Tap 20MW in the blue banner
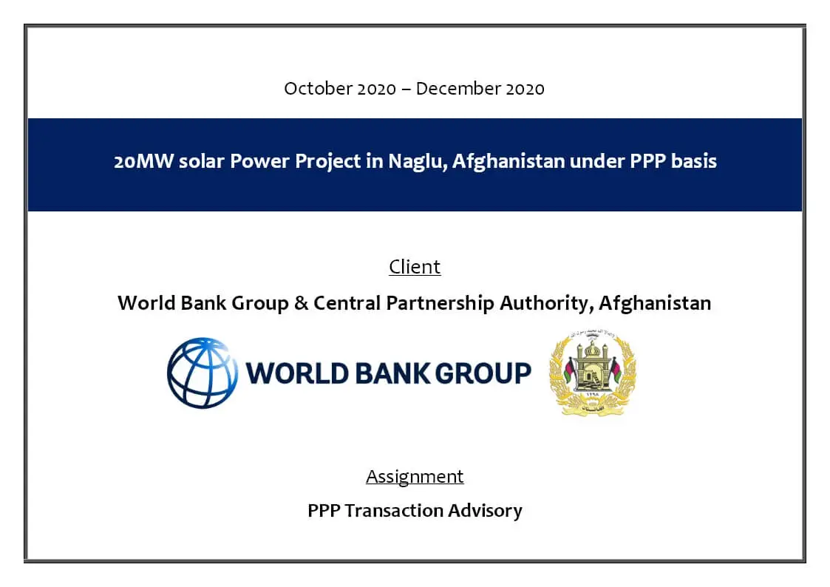coord(143,161)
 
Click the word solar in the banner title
coord(202,161)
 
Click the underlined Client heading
coord(415,267)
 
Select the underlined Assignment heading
coord(415,477)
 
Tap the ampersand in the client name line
coord(302,303)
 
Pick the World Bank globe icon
coord(203,373)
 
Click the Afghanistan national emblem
coord(593,373)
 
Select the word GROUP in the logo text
coord(483,373)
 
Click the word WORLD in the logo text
coord(298,373)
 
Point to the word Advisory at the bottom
coord(485,512)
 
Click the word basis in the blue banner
coord(693,161)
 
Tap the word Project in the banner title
coord(327,161)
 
